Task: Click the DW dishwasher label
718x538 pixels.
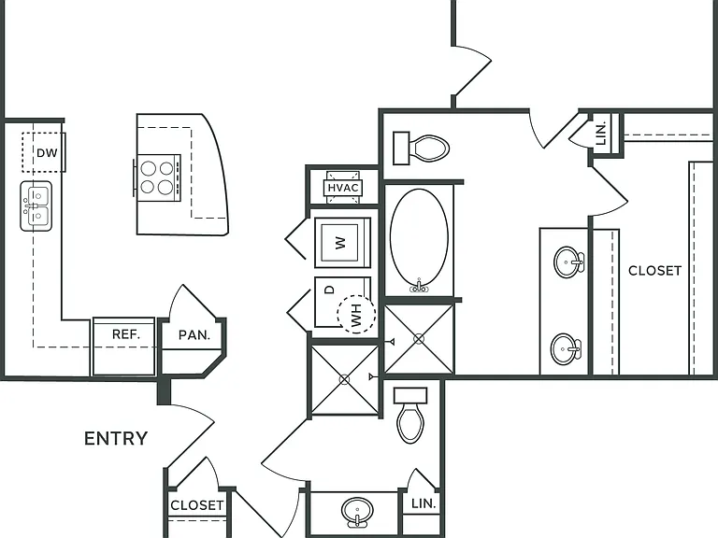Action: coord(47,153)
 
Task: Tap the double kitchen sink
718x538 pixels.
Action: coord(36,205)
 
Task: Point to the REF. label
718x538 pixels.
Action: coord(126,334)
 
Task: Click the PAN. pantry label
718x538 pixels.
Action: coord(194,335)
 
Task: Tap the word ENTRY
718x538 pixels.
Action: coord(116,439)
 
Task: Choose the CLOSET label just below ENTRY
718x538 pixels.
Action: coord(197,505)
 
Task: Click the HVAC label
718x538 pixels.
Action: coord(343,188)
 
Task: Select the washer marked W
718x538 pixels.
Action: coord(342,243)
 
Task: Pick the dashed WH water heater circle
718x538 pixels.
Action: coord(356,314)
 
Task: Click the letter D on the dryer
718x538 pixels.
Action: coord(329,290)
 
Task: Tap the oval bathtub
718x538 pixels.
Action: coord(419,240)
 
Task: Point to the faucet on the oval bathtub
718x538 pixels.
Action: coord(419,286)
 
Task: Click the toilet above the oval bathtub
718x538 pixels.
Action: coord(422,148)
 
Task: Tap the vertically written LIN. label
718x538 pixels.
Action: coord(602,134)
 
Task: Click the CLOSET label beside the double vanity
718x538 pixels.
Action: coord(654,271)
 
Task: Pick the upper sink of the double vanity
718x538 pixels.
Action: coord(569,262)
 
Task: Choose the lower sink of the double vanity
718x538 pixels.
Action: coord(566,349)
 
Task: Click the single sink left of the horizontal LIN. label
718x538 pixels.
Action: coord(357,512)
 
